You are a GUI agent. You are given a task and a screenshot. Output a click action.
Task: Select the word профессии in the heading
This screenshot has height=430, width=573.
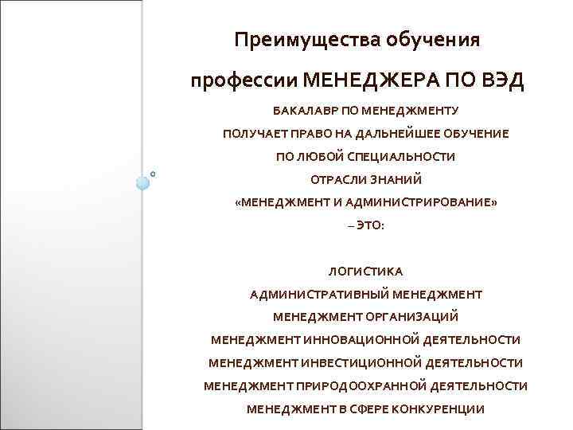244,81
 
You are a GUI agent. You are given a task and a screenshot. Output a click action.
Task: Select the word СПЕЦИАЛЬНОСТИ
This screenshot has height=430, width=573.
404,157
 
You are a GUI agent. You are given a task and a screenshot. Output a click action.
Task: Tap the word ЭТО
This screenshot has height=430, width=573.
370,226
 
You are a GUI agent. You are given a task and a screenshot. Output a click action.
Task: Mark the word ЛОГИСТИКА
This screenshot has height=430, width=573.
365,272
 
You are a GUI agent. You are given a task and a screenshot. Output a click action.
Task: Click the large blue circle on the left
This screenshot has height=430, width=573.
142,182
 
